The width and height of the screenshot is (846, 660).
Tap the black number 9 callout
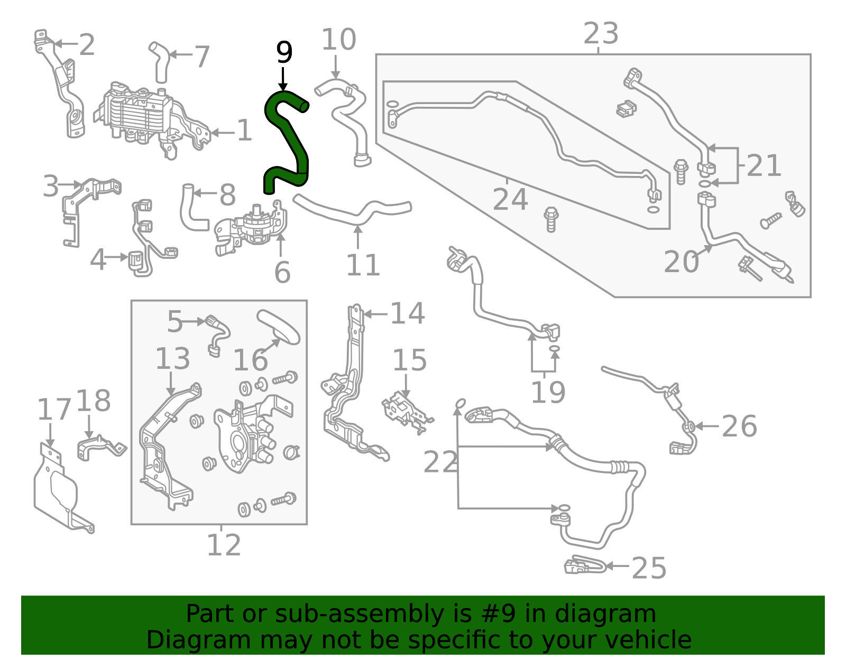pos(284,52)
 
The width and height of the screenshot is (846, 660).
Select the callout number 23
pos(601,34)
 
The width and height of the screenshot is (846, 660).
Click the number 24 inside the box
pos(510,200)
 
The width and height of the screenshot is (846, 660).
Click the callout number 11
pos(363,265)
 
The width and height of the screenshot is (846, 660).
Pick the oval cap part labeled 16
pos(278,327)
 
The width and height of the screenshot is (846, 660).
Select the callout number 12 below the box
pos(223,545)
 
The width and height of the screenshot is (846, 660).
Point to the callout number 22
pos(440,463)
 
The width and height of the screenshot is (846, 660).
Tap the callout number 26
pos(739,426)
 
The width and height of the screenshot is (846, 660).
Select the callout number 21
pos(764,166)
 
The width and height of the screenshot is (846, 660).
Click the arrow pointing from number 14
pos(375,314)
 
